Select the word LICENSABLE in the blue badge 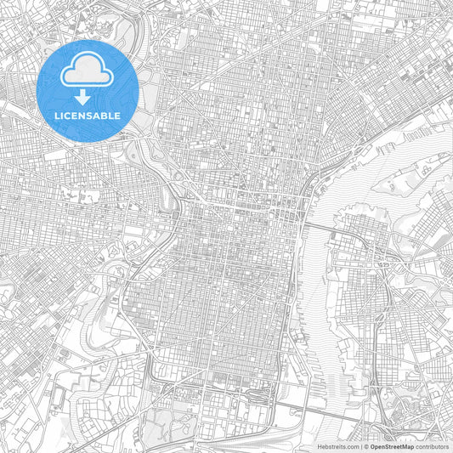pyautogui.click(x=88, y=115)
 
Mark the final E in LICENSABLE pyautogui.click(x=118, y=115)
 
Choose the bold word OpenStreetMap pyautogui.click(x=392, y=445)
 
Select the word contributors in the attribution pyautogui.click(x=431, y=445)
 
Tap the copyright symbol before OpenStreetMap pyautogui.click(x=365, y=445)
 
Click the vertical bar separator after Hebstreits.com pyautogui.click(x=360, y=445)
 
